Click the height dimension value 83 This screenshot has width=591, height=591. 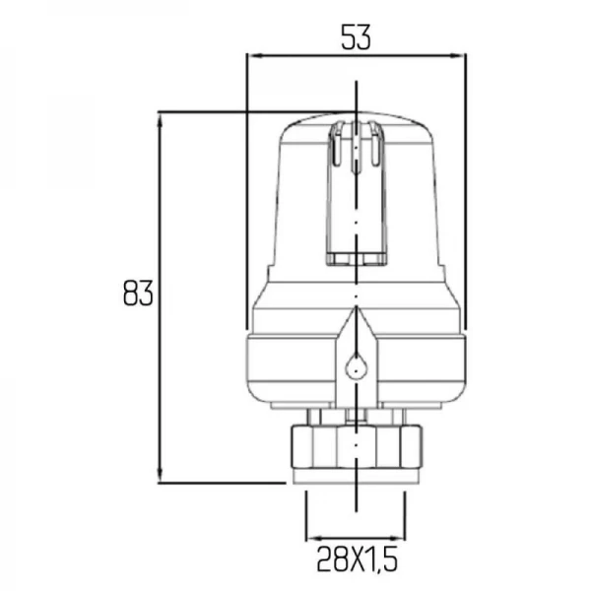139,295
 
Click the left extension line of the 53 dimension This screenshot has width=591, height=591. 245,197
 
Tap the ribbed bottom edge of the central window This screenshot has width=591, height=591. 354,259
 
